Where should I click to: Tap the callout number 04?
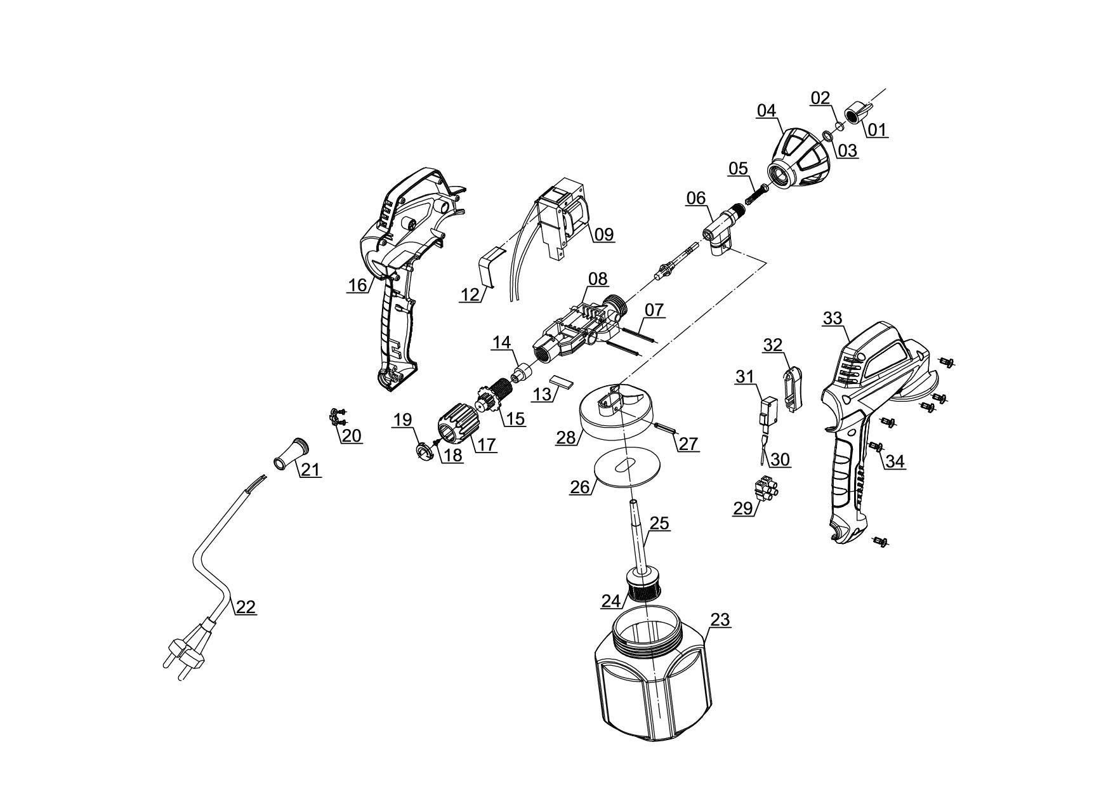pyautogui.click(x=766, y=110)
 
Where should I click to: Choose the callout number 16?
pyautogui.click(x=357, y=285)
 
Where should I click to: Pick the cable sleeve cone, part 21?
pyautogui.click(x=291, y=453)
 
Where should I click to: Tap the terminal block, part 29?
pyautogui.click(x=767, y=489)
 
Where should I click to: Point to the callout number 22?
pyautogui.click(x=246, y=607)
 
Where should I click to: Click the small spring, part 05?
pyautogui.click(x=756, y=192)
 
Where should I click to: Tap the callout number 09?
pyautogui.click(x=604, y=234)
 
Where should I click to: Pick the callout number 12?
pyautogui.click(x=470, y=294)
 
